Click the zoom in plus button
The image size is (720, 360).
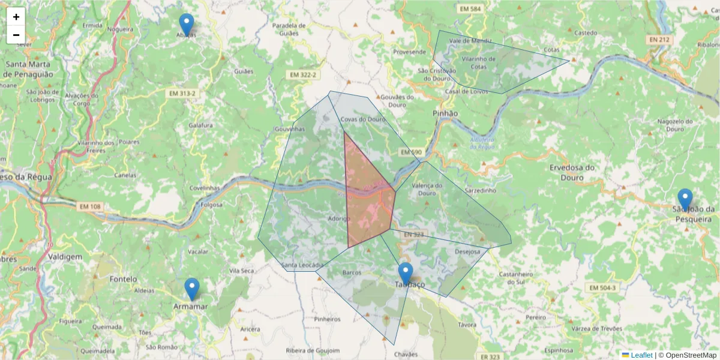pos(16,17)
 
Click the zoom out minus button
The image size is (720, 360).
pos(16,35)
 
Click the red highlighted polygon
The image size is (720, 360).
pos(367,198)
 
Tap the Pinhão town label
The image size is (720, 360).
pos(445,113)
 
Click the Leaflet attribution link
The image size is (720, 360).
pos(641,355)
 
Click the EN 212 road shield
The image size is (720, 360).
pos(659,40)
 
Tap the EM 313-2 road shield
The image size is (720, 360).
pos(182,94)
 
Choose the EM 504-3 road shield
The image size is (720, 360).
pos(602,288)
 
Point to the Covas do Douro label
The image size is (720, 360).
pos(362,119)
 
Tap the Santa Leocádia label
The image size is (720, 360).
pos(303,265)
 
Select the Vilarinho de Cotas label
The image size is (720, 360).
pos(478,62)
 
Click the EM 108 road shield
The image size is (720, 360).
pos(90,206)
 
